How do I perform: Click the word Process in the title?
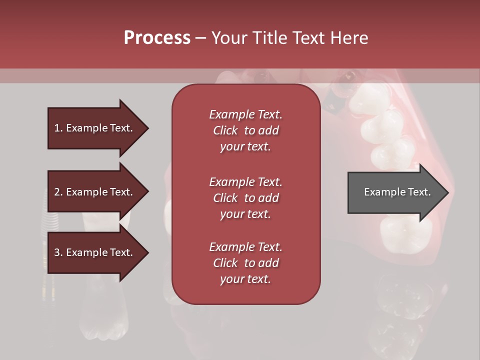coord(157,37)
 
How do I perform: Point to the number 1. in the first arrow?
coord(58,128)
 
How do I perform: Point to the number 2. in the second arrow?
coord(58,192)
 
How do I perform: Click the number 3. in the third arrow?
coord(58,252)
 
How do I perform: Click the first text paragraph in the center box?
coord(245,130)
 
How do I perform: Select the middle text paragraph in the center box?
coord(245,198)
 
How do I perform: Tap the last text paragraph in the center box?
coord(245,263)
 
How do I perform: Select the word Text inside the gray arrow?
coord(419,192)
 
